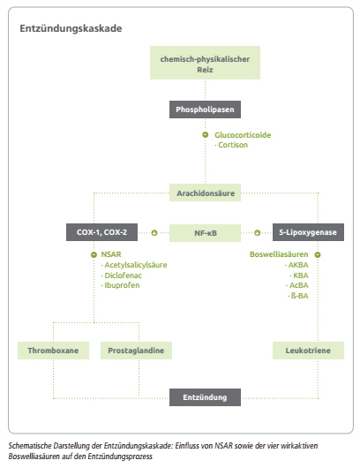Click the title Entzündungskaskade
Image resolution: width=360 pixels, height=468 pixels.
tap(71, 28)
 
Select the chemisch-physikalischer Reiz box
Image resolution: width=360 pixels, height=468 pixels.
tap(205, 63)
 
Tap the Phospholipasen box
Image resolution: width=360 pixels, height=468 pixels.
tap(205, 109)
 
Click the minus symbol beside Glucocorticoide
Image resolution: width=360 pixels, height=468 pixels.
tap(206, 135)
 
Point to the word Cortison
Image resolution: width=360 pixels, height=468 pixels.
tap(233, 145)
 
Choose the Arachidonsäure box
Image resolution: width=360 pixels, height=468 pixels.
tap(205, 192)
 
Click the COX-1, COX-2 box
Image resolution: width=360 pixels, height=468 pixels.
tap(101, 232)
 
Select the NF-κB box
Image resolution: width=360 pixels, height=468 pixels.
tap(205, 233)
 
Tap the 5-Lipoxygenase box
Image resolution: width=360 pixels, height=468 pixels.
tap(308, 232)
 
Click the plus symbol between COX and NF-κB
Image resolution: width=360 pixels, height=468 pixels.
tap(154, 233)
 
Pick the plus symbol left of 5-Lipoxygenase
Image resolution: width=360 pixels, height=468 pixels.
tap(257, 233)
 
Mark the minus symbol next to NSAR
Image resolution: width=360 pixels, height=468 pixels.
tap(94, 254)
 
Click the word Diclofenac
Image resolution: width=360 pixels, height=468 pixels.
tap(123, 276)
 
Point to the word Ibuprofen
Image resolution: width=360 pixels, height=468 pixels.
tap(122, 285)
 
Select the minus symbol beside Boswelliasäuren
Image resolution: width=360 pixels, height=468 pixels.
tap(318, 254)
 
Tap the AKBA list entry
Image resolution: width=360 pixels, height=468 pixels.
tap(298, 265)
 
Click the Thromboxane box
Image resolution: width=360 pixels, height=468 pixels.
tap(54, 351)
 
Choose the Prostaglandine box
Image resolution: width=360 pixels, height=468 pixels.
tap(136, 351)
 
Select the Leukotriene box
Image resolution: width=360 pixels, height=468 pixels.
tap(308, 351)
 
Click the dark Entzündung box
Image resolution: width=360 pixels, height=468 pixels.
tap(205, 397)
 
